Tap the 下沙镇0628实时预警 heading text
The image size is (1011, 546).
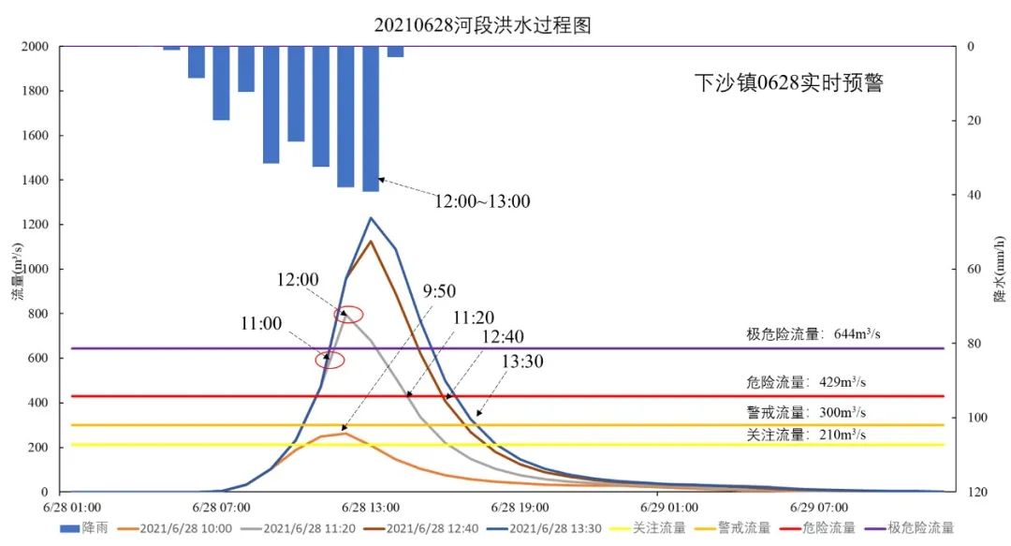point(788,82)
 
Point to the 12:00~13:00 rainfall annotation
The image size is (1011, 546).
point(481,200)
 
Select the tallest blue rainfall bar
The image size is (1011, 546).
point(371,118)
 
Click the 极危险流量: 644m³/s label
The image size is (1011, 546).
point(812,334)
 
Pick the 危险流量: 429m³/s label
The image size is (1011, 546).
point(804,382)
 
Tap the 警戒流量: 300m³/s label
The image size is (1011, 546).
point(804,412)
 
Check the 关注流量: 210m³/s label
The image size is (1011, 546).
point(804,435)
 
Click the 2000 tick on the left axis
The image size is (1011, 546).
point(35,47)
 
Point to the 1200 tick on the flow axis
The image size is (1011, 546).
point(35,225)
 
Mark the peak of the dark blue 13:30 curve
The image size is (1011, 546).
point(371,218)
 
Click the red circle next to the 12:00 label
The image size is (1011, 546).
point(348,315)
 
